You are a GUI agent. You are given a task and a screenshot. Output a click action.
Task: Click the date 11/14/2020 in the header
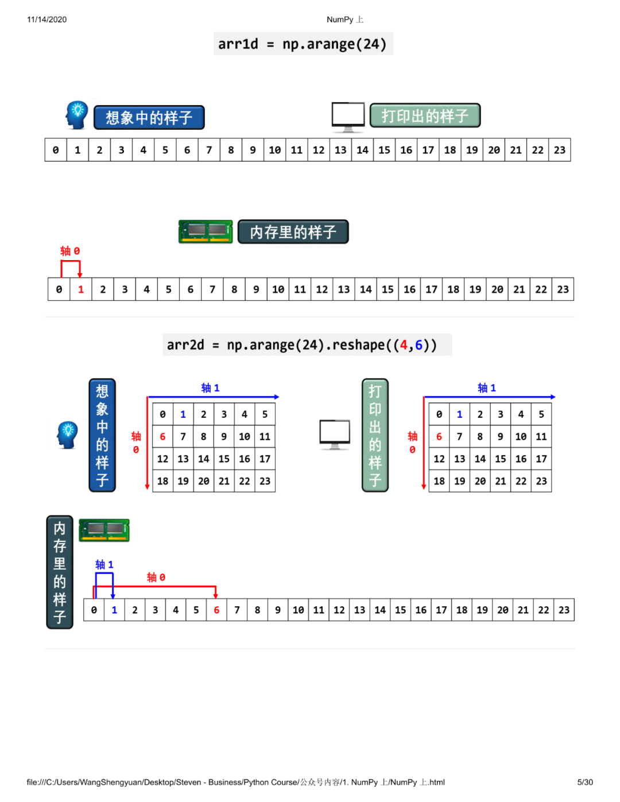[46, 20]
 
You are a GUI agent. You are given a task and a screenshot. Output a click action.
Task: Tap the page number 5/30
[584, 782]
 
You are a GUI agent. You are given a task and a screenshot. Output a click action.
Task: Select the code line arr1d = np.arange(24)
[303, 44]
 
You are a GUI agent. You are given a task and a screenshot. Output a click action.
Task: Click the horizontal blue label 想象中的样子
[149, 118]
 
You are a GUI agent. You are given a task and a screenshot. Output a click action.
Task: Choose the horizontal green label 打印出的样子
[425, 116]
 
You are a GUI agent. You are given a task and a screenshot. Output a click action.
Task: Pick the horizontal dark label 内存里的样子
[293, 232]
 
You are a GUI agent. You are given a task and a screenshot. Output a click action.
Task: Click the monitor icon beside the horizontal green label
[348, 117]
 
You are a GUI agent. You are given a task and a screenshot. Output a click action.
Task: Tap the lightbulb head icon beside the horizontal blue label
[76, 115]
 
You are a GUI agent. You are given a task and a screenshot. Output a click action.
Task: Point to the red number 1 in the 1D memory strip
[81, 289]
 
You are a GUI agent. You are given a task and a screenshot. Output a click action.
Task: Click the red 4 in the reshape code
[404, 345]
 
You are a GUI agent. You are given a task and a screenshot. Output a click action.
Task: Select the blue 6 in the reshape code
[418, 345]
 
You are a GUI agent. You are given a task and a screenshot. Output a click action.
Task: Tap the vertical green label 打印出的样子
[375, 435]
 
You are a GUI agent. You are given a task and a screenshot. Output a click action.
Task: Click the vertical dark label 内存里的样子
[60, 572]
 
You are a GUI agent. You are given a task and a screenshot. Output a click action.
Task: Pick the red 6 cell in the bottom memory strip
[216, 610]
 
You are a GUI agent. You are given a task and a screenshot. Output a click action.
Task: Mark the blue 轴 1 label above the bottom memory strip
[104, 565]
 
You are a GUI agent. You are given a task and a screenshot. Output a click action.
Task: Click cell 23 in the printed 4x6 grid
[541, 481]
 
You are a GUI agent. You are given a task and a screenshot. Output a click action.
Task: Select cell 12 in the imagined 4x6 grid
[162, 459]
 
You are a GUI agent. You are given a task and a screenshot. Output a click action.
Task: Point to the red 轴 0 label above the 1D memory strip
[70, 251]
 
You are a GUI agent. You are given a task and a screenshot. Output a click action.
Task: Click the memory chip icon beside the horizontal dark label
[206, 231]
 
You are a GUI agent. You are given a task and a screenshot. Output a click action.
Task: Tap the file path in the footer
[235, 782]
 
